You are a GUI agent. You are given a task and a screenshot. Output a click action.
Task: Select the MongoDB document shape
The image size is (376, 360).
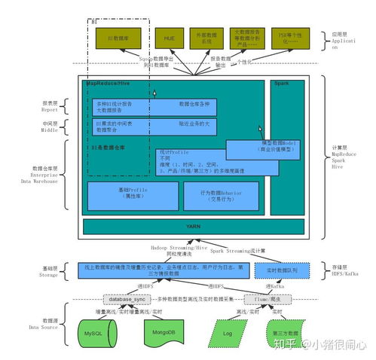click(x=159, y=332)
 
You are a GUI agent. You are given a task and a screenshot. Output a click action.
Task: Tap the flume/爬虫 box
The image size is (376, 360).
click(x=263, y=299)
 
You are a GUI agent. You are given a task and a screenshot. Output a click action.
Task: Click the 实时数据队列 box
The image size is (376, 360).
click(x=280, y=270)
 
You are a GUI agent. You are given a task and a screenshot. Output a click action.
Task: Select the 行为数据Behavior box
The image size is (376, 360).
click(x=221, y=194)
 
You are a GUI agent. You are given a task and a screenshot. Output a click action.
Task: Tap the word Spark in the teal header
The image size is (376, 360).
click(x=281, y=83)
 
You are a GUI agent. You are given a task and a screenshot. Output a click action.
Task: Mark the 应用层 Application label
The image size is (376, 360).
click(x=343, y=39)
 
